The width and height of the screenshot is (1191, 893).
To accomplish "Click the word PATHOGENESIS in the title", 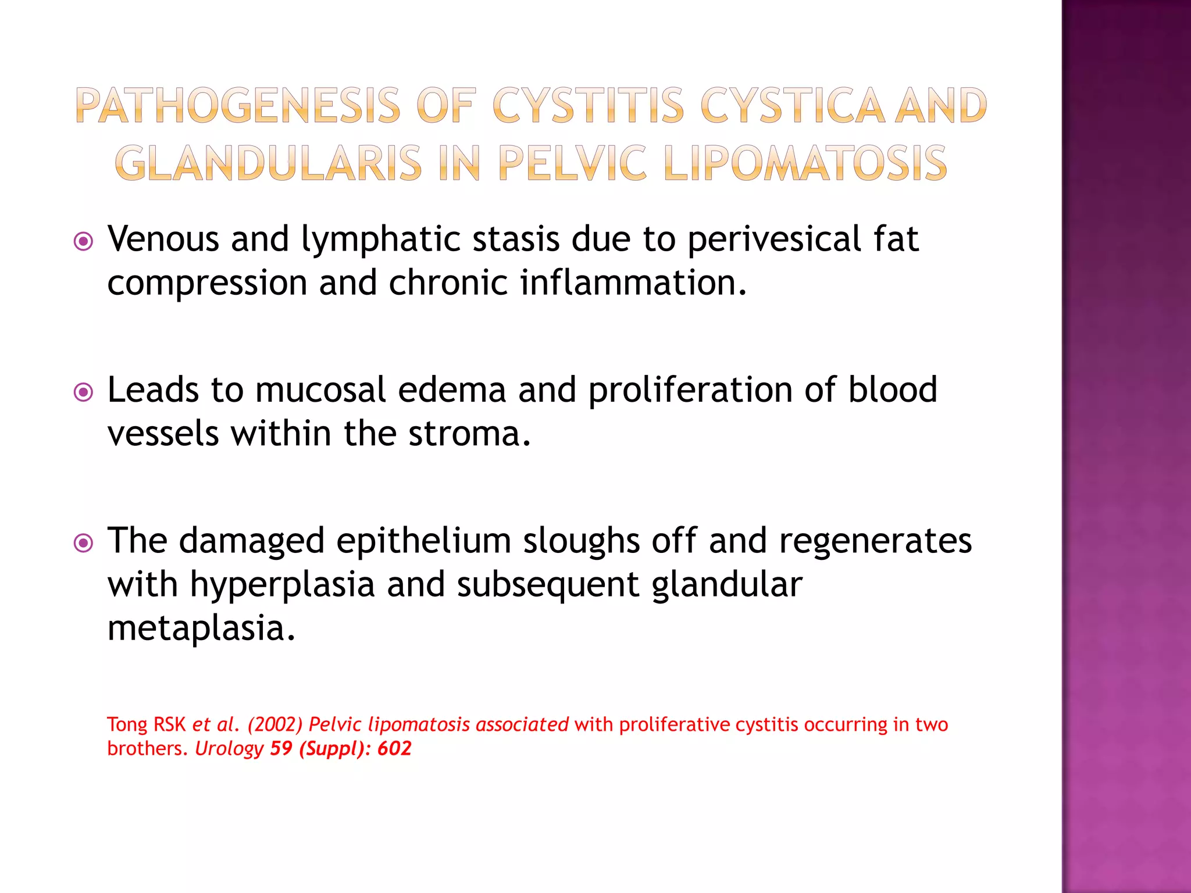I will (x=238, y=106).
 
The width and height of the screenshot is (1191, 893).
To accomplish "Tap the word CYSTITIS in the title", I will (x=589, y=106).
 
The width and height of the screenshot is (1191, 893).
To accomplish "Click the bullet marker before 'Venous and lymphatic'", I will (x=84, y=241).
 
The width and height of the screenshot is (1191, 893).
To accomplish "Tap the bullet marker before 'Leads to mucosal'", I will (x=84, y=392).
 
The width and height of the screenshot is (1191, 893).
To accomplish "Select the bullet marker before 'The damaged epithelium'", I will (x=84, y=543).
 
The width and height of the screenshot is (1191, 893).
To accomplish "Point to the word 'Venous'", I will (x=163, y=239).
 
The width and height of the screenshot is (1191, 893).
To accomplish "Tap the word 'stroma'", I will (x=465, y=434).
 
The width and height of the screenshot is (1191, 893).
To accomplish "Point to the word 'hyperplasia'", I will (x=282, y=585).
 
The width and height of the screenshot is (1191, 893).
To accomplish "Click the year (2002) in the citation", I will (x=275, y=725).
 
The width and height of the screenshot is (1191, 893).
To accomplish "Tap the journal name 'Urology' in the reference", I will (x=229, y=749).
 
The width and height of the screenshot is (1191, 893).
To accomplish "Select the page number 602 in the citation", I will (x=394, y=748).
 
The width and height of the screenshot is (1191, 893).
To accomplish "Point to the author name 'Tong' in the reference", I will (x=127, y=725).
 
